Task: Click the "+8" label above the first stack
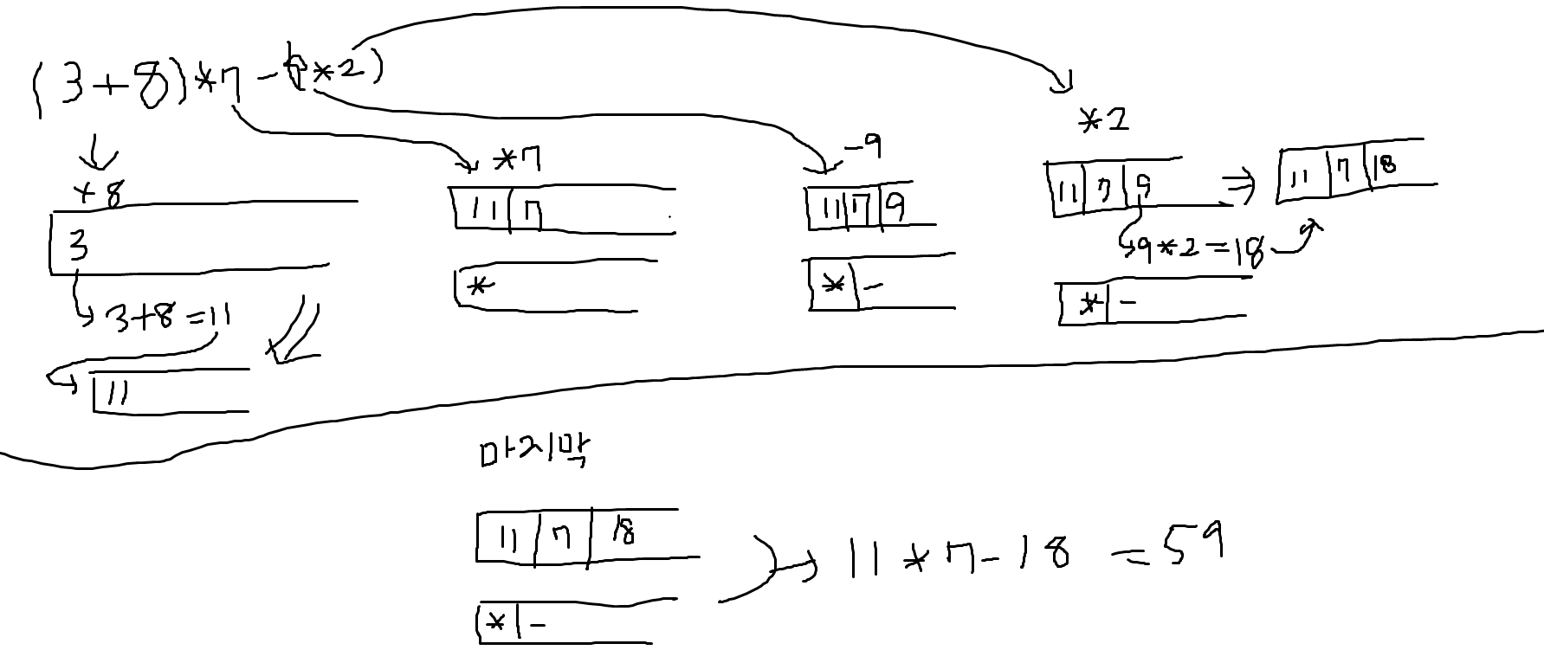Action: click(x=100, y=194)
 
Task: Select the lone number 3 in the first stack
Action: click(x=78, y=247)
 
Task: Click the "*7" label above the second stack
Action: click(x=517, y=160)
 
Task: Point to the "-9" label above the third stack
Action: click(x=862, y=148)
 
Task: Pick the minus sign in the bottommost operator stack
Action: click(x=538, y=624)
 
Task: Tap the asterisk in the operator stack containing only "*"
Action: click(x=475, y=286)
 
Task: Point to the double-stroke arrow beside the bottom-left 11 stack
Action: click(x=294, y=333)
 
